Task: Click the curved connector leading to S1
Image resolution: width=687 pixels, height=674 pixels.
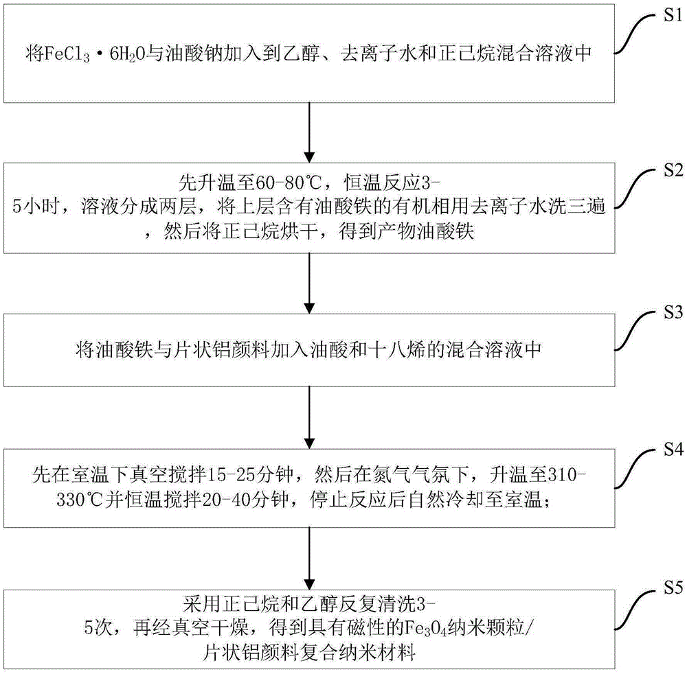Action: (x=635, y=34)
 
